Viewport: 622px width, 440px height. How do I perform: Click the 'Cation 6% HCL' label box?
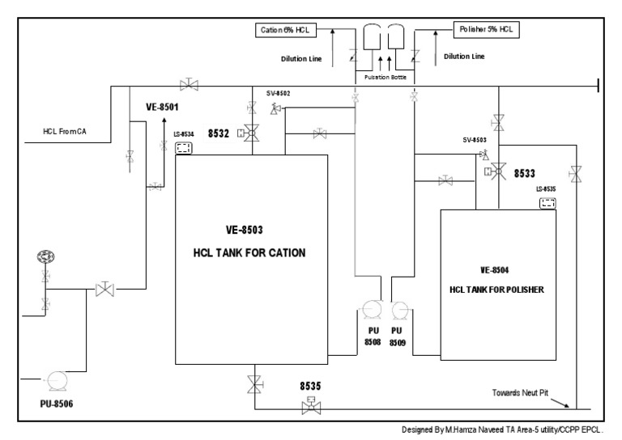pos(283,30)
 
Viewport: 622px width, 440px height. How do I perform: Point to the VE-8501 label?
pos(162,105)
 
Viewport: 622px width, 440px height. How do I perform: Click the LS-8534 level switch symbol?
pos(184,147)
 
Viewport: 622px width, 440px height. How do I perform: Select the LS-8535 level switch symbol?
pos(548,203)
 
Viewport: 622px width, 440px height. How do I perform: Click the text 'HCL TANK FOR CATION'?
pos(252,253)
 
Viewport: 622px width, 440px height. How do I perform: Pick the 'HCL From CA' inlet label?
pos(65,131)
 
